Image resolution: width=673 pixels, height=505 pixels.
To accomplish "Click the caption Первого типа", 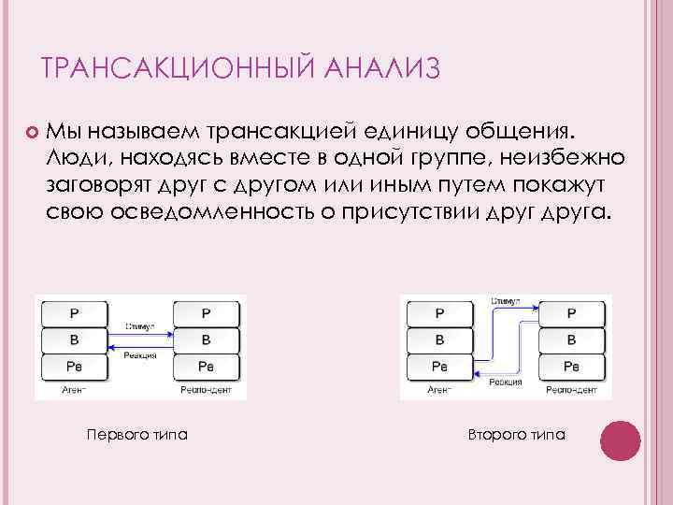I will (x=136, y=434).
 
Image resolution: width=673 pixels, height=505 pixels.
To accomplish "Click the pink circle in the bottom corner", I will (x=619, y=440).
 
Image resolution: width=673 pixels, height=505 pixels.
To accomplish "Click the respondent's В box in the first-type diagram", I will (x=207, y=339).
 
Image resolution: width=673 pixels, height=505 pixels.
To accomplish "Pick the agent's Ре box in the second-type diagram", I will (x=438, y=365).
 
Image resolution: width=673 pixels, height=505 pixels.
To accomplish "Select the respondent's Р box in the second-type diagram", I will (x=572, y=313).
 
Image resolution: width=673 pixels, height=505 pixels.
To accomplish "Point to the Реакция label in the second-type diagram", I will (x=505, y=382).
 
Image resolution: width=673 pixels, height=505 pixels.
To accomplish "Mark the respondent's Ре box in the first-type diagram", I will (x=207, y=365).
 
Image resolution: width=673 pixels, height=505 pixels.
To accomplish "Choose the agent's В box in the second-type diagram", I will (x=438, y=339).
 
